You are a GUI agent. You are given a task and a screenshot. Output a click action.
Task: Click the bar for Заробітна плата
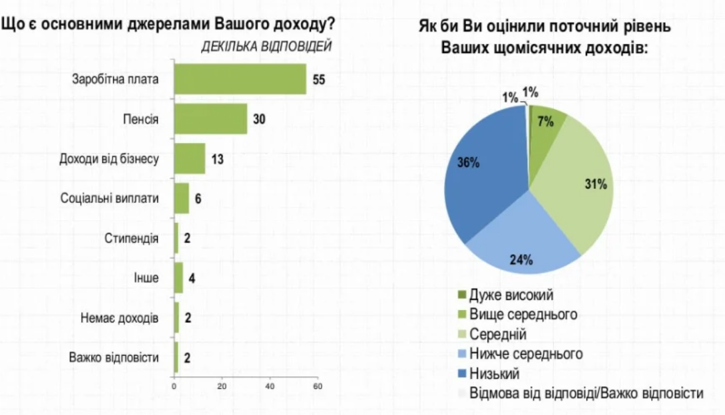coord(240,79)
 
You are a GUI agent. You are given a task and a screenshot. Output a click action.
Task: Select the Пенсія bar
coord(210,119)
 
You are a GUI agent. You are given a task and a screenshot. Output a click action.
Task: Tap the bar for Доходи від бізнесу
coord(190,158)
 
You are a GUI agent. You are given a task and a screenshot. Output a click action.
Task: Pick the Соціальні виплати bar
coord(181,198)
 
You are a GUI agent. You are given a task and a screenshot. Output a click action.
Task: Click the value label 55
coord(319,79)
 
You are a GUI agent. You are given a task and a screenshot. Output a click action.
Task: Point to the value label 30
coord(259,119)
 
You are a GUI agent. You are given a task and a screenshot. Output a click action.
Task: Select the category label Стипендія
coord(132,238)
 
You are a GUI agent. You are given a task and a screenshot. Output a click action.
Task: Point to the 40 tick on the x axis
coord(270,386)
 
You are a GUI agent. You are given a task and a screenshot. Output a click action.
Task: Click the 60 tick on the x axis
coord(318,386)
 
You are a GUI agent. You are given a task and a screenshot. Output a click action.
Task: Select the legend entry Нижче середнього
coord(525,353)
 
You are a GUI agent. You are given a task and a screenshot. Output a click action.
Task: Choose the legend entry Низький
coord(493,373)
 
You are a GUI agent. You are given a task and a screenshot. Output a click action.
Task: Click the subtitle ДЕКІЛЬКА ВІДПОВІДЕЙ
coord(266,46)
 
